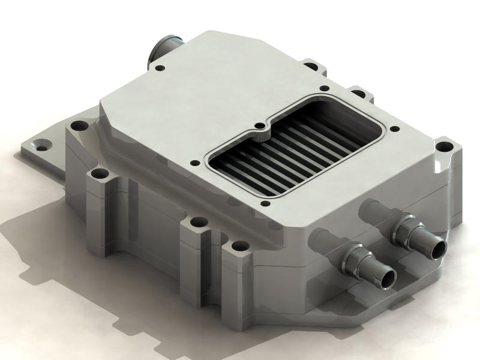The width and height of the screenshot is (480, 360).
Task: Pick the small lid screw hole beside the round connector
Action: [159, 68]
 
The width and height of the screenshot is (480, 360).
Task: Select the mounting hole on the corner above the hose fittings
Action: [443, 146]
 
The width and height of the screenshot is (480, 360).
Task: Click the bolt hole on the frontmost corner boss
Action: [239, 246]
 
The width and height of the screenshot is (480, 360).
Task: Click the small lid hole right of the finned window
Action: [393, 128]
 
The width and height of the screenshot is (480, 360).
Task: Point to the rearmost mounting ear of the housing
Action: [311, 64]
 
